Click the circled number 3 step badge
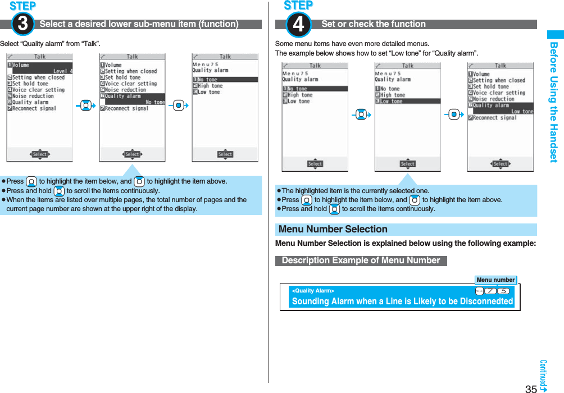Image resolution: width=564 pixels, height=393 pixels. point(22,25)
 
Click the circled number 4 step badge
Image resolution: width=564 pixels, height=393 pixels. point(298,25)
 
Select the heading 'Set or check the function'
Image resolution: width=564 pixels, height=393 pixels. point(373,24)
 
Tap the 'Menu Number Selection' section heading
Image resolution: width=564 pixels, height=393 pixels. point(333,229)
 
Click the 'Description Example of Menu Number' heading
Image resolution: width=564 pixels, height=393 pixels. point(361,261)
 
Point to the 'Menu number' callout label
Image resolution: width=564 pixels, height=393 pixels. point(495,280)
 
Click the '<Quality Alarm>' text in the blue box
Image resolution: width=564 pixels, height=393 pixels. point(313,291)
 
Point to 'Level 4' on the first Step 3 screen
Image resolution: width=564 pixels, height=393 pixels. point(62,71)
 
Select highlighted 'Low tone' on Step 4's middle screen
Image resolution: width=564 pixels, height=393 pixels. point(392,102)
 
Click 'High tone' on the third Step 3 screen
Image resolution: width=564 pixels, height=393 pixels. point(210,86)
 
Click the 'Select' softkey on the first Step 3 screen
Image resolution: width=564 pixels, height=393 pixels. point(39,154)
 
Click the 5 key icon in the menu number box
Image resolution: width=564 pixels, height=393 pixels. point(503,291)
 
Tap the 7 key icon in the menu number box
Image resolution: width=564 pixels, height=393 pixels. point(490,291)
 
